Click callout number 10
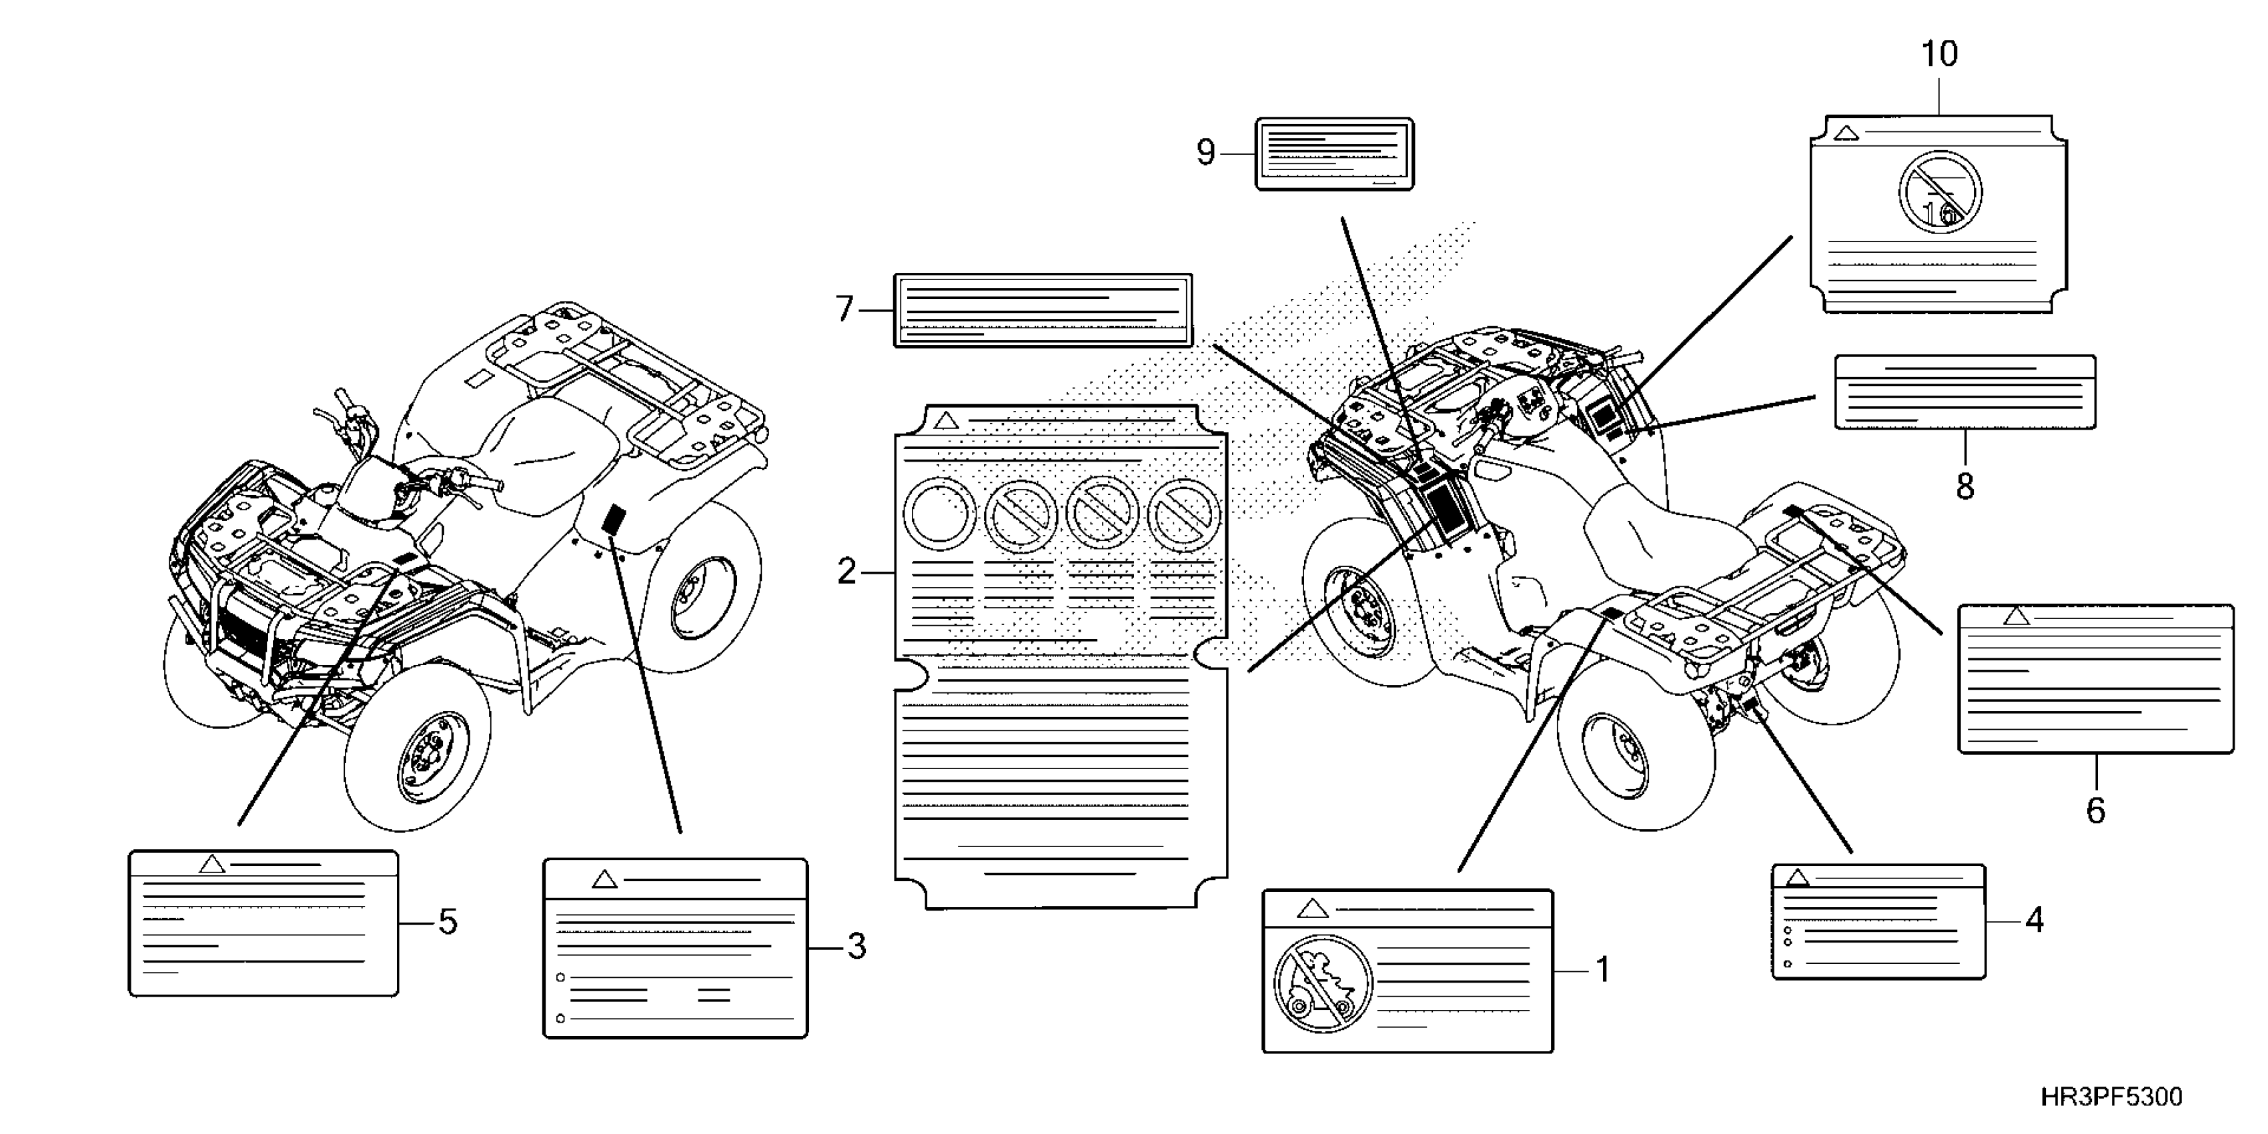coord(1938,55)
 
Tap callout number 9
coord(1205,153)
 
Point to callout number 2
coord(846,572)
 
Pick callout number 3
coord(856,947)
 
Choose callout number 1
coord(1602,971)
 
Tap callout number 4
coord(2034,920)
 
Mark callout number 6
coord(2095,810)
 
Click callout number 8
coord(1965,486)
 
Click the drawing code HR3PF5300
coord(2111,1097)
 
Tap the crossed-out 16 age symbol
coord(1940,193)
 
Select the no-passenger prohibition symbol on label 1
coord(1322,983)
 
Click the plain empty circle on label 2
coord(939,515)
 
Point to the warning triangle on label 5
coord(211,864)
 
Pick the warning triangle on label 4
coord(1797,878)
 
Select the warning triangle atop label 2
coord(946,420)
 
